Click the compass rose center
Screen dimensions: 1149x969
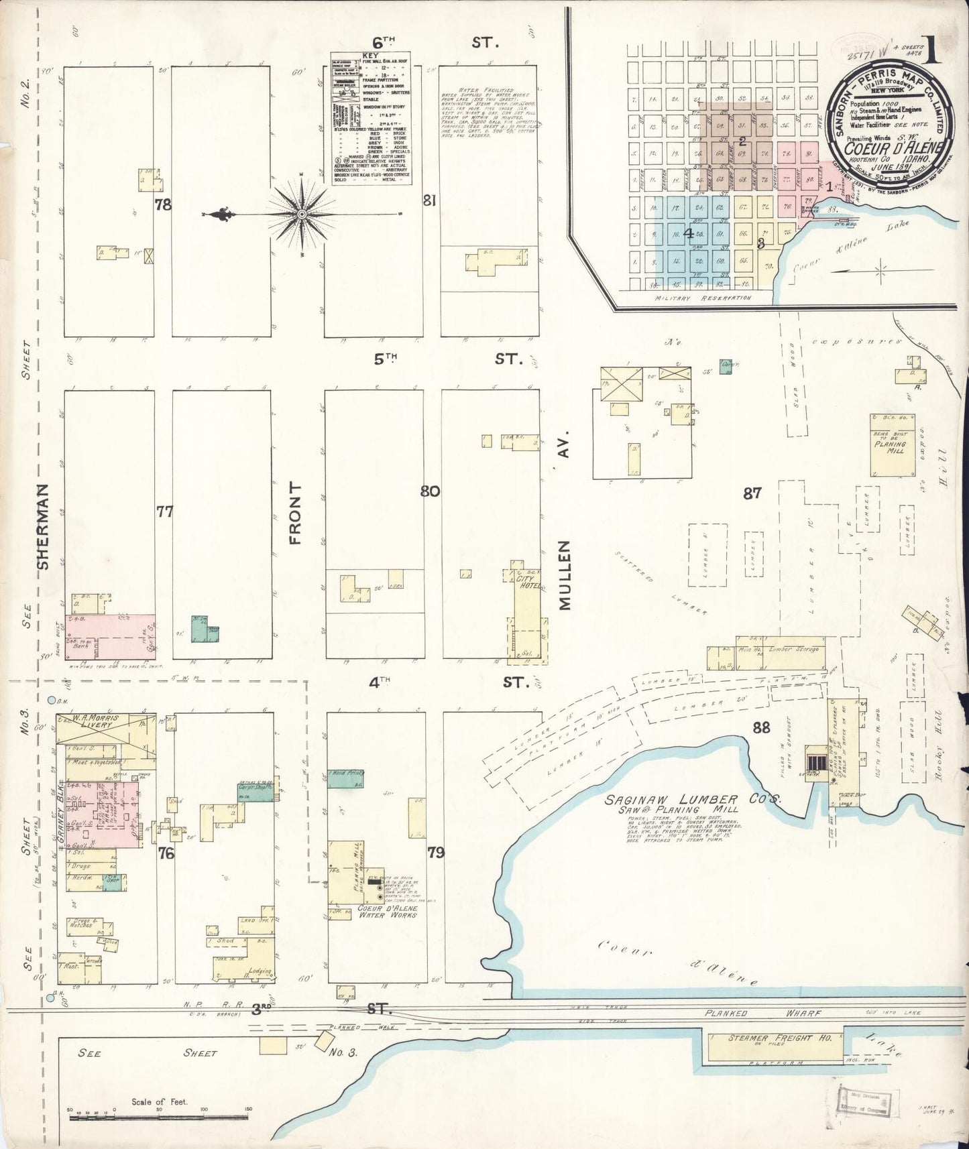(x=302, y=214)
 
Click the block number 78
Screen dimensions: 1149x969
(x=163, y=205)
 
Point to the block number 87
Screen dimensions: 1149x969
(x=752, y=493)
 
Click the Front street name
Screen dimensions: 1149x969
(x=295, y=512)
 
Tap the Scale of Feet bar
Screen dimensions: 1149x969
(x=159, y=1116)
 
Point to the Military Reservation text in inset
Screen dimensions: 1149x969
(x=701, y=298)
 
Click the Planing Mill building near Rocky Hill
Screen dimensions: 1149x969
(x=889, y=444)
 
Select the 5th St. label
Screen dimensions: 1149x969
(x=386, y=359)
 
